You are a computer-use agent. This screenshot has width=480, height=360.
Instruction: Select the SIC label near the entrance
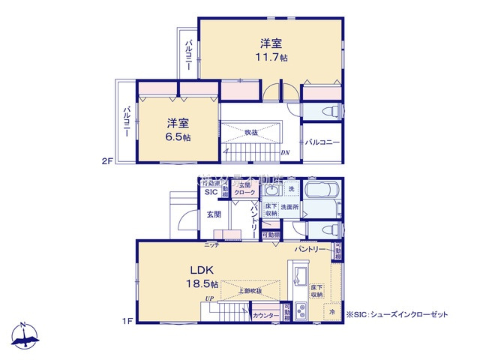pyautogui.click(x=211, y=193)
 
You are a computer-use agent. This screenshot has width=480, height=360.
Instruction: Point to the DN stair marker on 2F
pyautogui.click(x=285, y=153)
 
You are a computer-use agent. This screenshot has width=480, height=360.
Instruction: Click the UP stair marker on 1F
pyautogui.click(x=211, y=300)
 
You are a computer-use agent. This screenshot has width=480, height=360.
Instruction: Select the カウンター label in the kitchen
pyautogui.click(x=266, y=316)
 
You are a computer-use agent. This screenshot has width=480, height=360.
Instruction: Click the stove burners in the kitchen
pyautogui.click(x=301, y=309)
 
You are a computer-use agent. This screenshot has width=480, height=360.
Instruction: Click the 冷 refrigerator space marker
pyautogui.click(x=331, y=311)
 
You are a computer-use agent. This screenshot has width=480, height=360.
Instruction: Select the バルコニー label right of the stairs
pyautogui.click(x=322, y=142)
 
